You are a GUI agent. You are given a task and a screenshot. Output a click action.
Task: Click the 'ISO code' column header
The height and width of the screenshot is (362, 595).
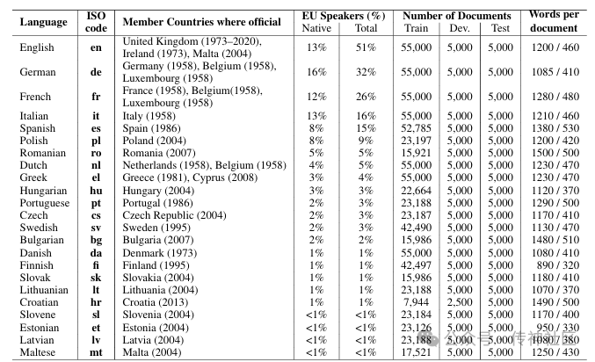[96, 21]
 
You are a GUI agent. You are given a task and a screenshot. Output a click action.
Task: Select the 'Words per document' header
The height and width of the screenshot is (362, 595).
[554, 21]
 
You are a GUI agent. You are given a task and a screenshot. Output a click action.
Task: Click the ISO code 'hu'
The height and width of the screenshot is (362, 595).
[96, 191]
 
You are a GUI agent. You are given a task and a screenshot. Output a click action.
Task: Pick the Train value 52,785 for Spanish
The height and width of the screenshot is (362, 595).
[416, 128]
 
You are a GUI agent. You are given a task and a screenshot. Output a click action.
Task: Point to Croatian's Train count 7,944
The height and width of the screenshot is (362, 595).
[419, 302]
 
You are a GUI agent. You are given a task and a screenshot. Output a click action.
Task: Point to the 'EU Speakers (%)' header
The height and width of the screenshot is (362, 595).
[341, 16]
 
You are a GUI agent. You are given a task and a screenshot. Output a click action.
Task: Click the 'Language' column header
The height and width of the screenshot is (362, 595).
[43, 21]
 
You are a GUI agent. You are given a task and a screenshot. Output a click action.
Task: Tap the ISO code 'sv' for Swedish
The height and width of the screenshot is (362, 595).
[96, 228]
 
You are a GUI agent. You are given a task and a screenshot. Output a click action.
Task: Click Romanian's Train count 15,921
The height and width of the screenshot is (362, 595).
[416, 153]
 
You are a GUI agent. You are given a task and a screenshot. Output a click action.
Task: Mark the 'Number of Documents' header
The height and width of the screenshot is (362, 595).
[457, 16]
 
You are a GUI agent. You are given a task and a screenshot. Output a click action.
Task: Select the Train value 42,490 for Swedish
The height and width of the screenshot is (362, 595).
[416, 228]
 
